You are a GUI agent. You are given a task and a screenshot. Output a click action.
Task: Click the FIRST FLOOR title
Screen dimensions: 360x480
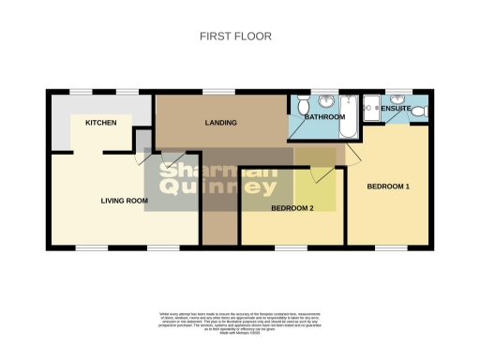235,37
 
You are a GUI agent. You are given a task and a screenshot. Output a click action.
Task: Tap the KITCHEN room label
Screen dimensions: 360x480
100,124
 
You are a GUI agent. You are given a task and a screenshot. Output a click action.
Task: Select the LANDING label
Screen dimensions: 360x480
220,123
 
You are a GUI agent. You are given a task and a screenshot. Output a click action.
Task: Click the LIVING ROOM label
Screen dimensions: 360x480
125,201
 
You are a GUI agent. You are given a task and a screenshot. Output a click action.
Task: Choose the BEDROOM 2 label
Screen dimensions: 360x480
292,207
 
